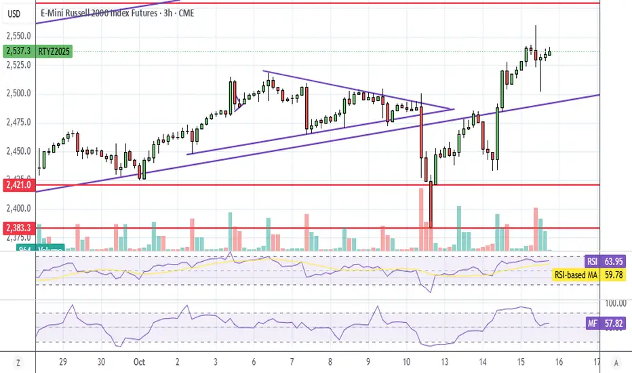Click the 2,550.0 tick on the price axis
18,36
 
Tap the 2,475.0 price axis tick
18,122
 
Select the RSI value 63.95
614,260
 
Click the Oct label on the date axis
138,361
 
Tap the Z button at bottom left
18,361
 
